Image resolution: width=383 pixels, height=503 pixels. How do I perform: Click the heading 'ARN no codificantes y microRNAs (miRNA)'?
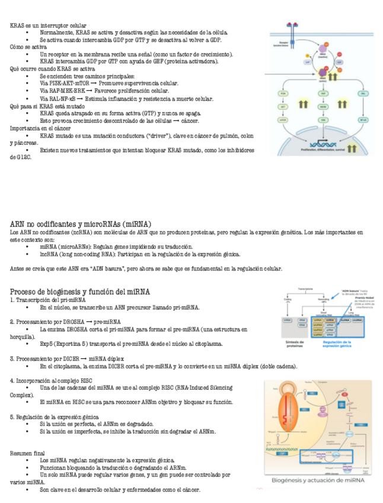[80, 224]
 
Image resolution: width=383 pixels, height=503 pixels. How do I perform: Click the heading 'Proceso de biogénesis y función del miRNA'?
[80, 291]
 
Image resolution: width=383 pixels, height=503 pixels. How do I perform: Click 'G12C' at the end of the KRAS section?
[18, 157]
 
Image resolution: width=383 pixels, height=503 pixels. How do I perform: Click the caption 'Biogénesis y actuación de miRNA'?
[317, 480]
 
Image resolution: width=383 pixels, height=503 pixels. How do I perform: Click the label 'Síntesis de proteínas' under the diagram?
[296, 345]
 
